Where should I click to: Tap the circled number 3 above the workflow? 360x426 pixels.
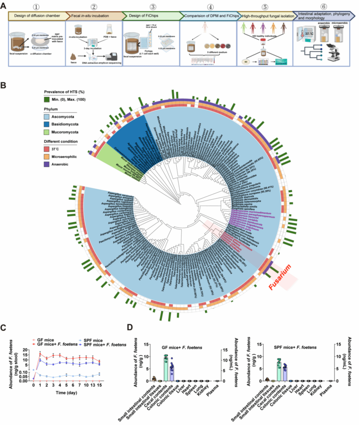point(153,7)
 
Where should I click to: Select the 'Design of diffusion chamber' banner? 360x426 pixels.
point(37,16)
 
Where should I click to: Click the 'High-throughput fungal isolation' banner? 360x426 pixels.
point(268,16)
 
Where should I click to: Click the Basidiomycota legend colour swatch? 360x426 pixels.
point(47,124)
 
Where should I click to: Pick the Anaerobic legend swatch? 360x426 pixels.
point(47,164)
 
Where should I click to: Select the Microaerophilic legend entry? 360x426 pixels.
point(64,156)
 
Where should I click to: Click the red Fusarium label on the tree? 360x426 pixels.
point(280,277)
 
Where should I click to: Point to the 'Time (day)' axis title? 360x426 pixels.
point(66,393)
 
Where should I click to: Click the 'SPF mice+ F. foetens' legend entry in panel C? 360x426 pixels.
point(105,345)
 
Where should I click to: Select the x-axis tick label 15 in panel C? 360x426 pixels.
point(99,385)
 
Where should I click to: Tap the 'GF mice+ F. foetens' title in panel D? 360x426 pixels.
point(182,347)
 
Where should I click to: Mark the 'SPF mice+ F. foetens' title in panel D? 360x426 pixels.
point(295,347)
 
